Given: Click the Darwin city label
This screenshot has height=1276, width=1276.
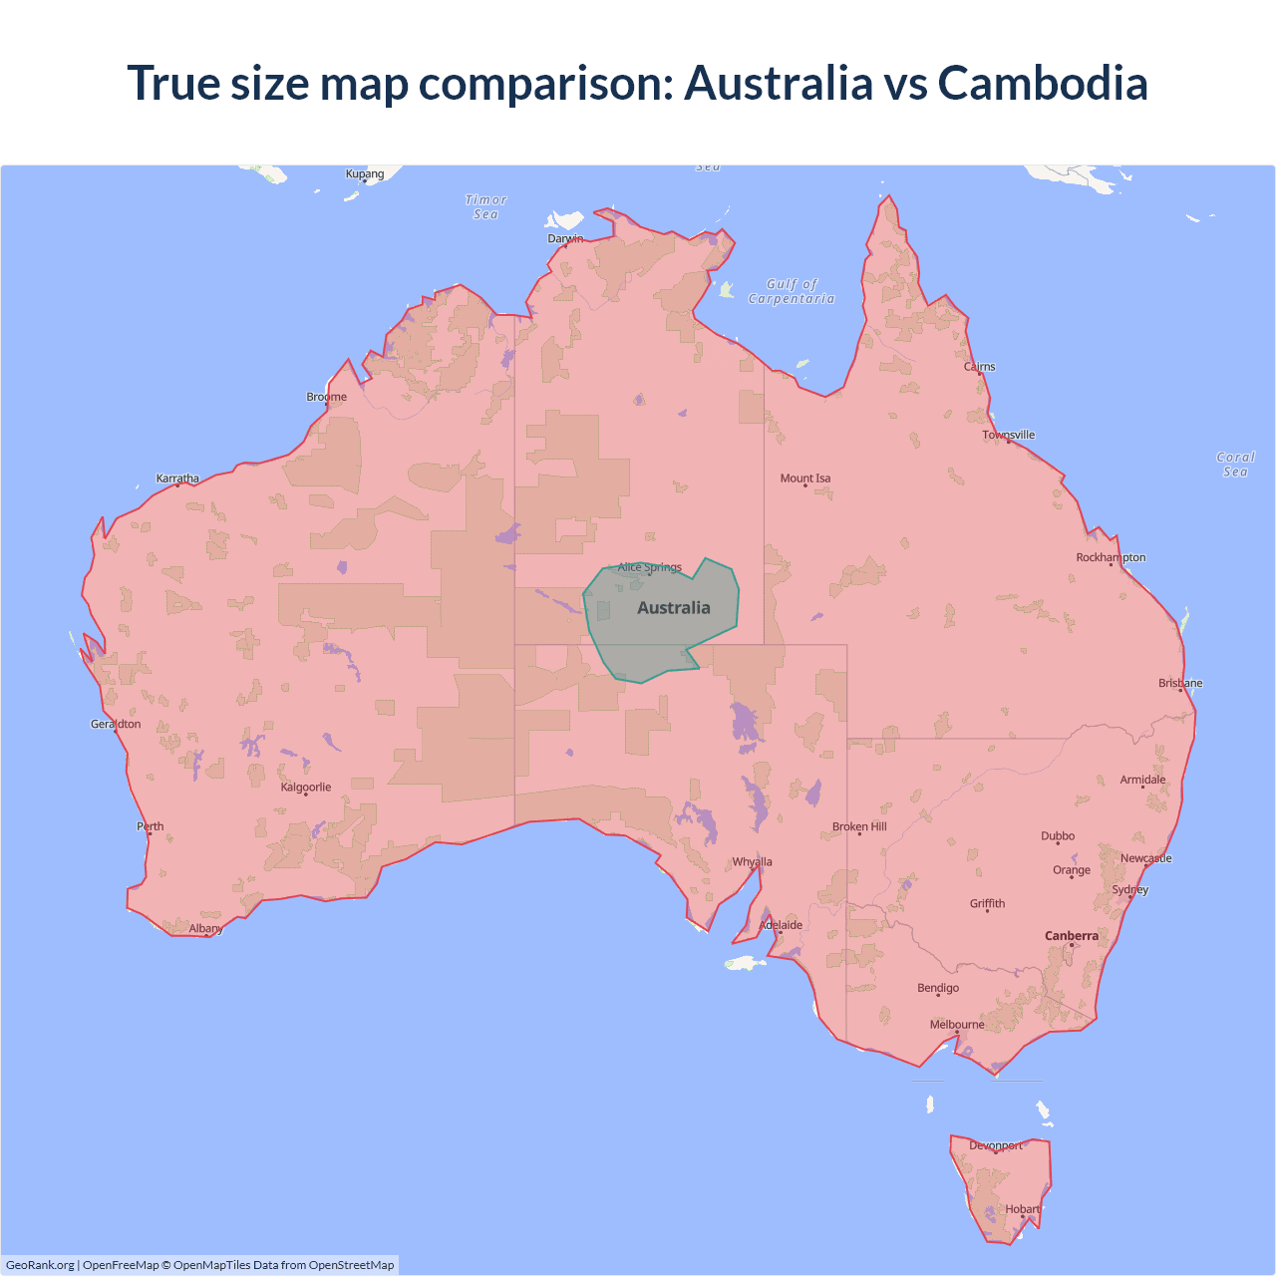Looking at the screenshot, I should [565, 239].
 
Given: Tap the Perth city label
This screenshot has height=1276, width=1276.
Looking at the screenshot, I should [151, 826].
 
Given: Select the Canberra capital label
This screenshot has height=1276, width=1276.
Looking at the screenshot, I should [1072, 936].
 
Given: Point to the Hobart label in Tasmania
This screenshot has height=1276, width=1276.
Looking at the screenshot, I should [1023, 1209].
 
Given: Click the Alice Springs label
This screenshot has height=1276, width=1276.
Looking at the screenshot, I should [650, 567].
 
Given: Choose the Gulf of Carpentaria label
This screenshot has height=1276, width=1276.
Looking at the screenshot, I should [792, 291].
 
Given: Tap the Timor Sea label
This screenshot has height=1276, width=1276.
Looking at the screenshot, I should [485, 207].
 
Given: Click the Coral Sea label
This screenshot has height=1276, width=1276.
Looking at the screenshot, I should [1235, 465].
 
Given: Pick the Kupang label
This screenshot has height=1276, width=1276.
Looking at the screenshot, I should [365, 173].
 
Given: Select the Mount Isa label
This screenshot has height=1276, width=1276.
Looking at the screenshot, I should [805, 478].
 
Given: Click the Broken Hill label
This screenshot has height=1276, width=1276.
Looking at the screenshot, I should [859, 826].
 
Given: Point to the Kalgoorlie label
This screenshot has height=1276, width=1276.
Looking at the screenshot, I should [306, 788].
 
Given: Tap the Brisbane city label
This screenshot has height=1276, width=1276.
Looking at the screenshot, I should [1180, 683].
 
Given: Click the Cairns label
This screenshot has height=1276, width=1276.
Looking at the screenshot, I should [980, 367].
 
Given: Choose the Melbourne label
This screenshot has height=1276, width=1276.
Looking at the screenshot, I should [957, 1025].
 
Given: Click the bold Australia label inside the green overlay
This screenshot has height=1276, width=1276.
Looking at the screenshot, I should [674, 608].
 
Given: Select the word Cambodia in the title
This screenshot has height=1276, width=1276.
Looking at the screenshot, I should [1043, 83].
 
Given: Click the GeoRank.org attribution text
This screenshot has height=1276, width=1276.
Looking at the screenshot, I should [40, 1265].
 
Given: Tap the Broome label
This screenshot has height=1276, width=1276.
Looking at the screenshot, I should [327, 397].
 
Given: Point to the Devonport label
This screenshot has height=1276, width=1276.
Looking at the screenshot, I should [996, 1145].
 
